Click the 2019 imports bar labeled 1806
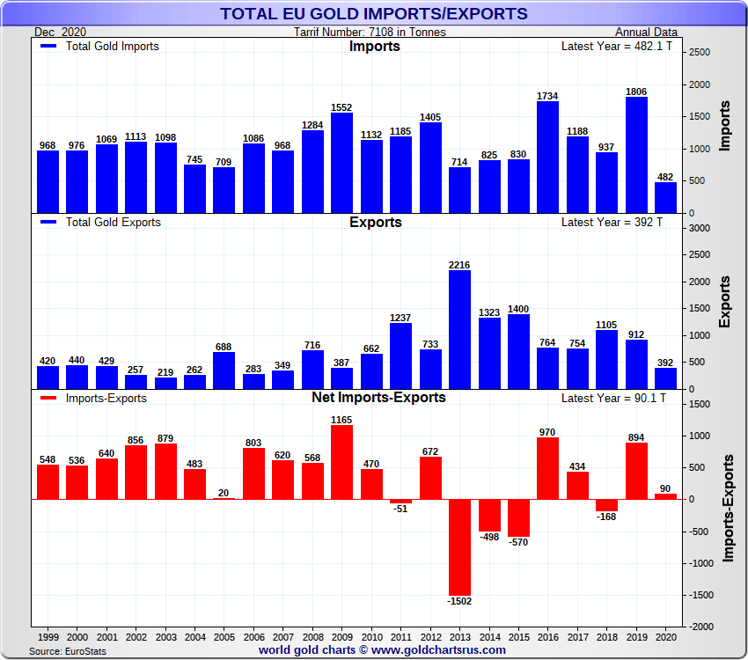[x=636, y=155]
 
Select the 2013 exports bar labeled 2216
[x=459, y=330]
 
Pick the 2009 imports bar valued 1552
[x=341, y=163]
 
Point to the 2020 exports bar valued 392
[x=665, y=378]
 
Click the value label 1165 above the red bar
[x=341, y=420]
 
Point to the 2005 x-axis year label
[x=224, y=634]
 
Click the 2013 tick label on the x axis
[x=459, y=634]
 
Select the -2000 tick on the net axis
[x=700, y=627]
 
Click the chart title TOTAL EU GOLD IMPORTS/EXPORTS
[x=374, y=13]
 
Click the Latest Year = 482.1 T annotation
[x=616, y=46]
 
